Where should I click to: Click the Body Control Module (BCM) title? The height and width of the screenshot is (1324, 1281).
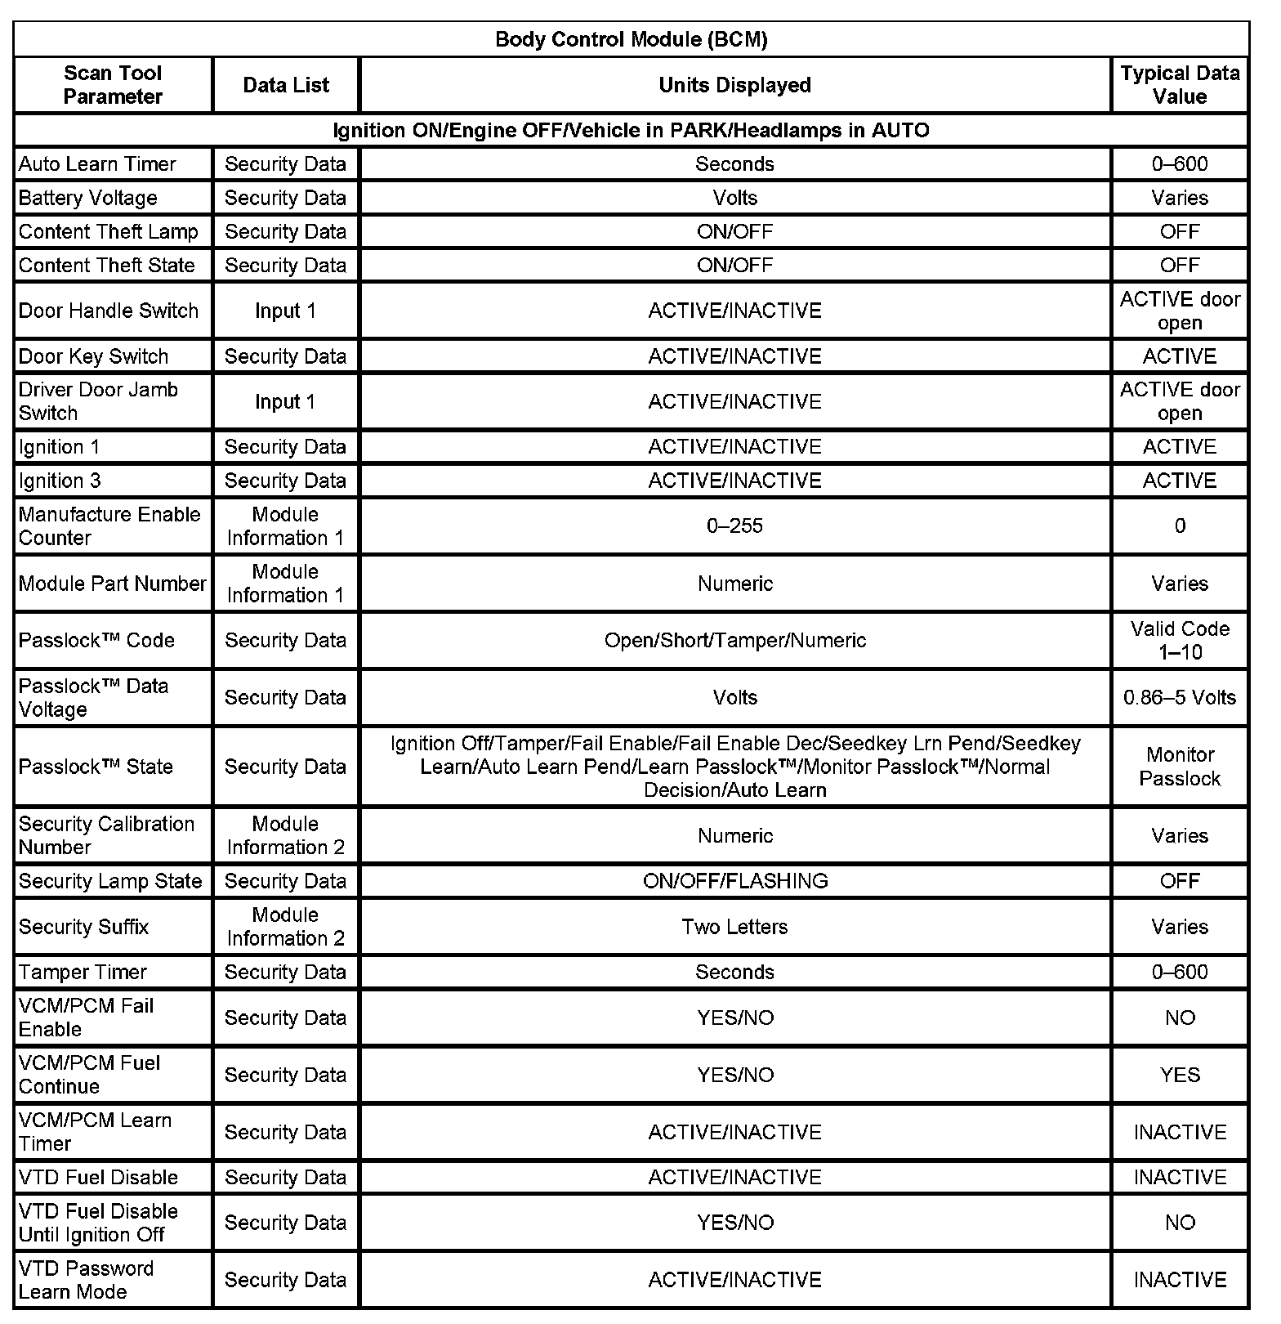631,39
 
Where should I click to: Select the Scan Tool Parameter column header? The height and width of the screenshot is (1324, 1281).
113,85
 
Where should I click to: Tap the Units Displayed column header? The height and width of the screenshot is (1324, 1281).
734,85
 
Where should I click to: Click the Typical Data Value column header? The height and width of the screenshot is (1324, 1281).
1179,85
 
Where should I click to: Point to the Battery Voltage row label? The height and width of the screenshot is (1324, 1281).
88,198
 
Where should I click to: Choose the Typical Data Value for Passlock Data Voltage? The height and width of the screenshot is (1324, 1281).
1179,697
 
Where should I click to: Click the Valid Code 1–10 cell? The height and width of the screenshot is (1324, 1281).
1179,640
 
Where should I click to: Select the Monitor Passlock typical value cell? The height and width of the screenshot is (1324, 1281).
1179,767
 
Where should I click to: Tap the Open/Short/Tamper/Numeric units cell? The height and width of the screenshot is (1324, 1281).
734,640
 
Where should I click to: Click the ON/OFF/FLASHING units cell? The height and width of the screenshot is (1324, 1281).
734,881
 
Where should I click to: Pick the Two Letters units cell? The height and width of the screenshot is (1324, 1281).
734,927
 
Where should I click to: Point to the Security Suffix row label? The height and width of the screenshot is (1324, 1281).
84,927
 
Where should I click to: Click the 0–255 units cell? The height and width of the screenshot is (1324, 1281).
734,526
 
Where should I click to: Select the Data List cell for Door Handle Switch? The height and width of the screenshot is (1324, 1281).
285,311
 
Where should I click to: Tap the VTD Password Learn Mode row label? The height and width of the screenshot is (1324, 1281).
86,1280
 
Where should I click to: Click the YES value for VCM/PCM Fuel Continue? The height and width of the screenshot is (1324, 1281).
1179,1075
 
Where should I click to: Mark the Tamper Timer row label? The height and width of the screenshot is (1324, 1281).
83,972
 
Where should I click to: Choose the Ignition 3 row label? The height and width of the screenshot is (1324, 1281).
60,481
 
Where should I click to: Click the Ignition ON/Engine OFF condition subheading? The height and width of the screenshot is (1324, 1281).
631,130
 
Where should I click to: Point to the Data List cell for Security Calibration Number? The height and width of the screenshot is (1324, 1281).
285,835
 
